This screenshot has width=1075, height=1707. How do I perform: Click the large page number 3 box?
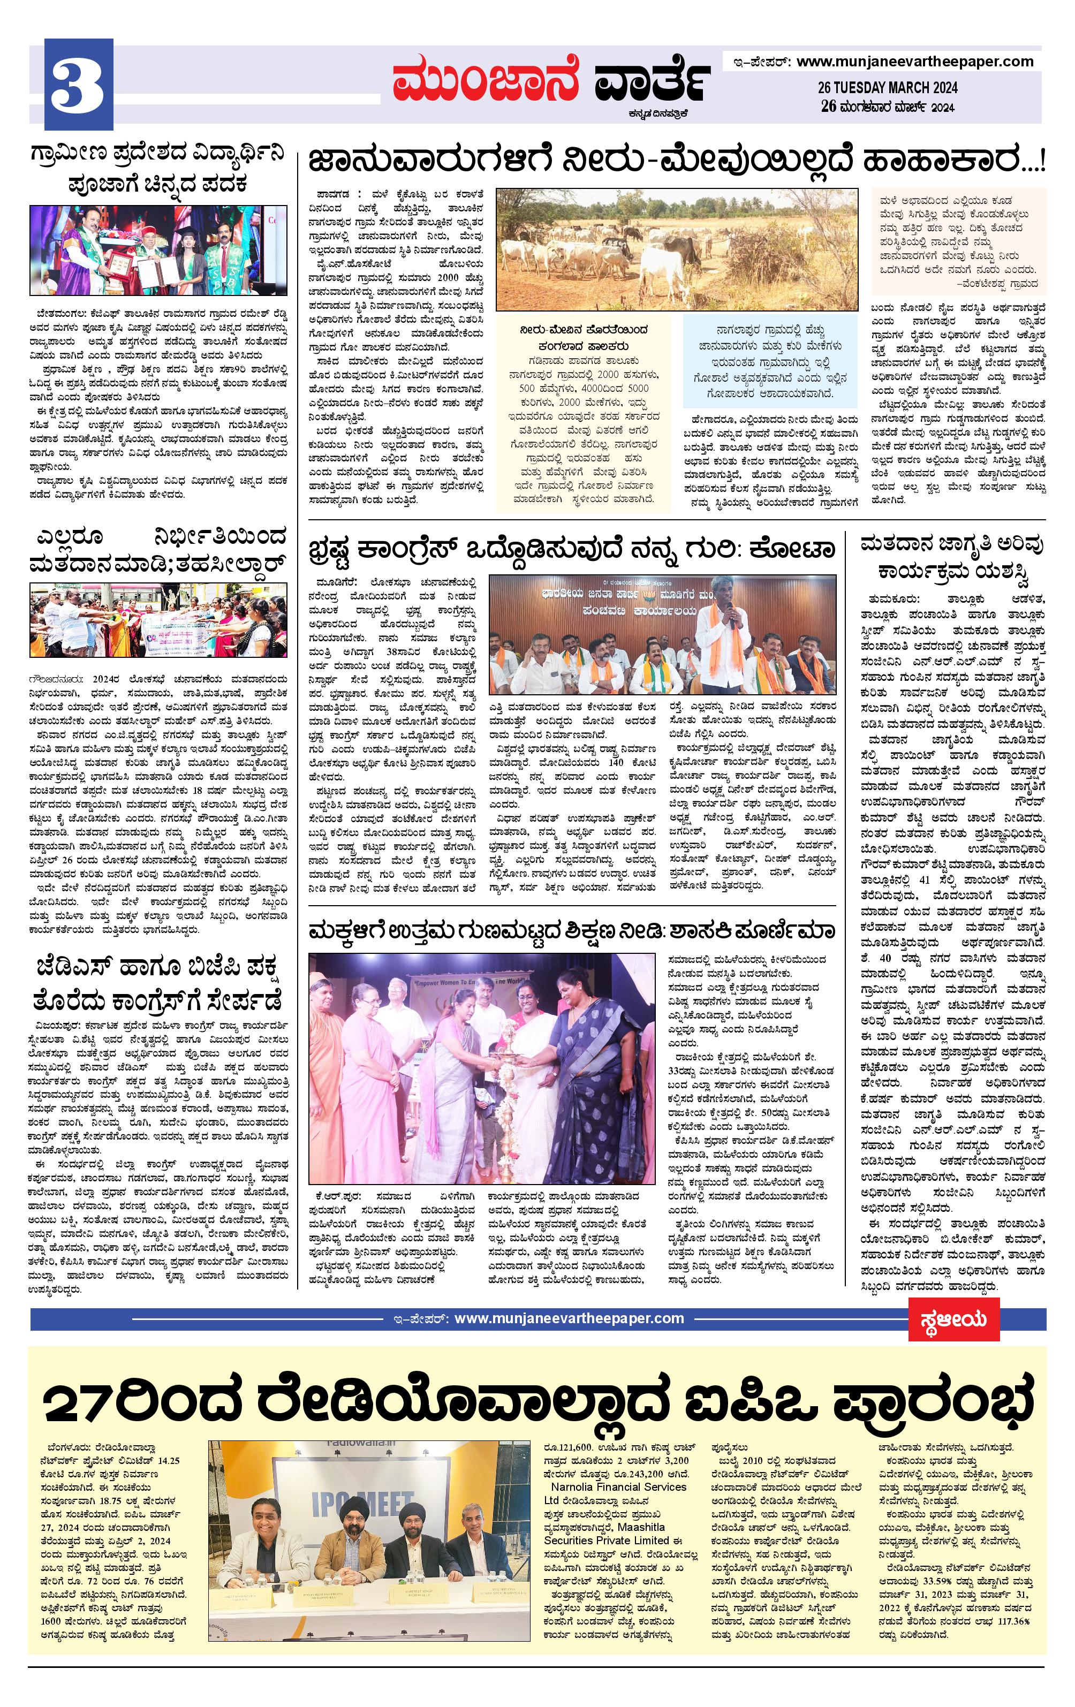[79, 84]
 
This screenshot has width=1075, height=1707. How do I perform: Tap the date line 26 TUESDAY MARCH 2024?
[887, 87]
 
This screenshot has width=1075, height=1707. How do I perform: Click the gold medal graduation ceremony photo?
[158, 249]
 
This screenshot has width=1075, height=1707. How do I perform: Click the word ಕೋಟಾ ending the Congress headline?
[794, 549]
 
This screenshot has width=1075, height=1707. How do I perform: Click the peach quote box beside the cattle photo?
[957, 240]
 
